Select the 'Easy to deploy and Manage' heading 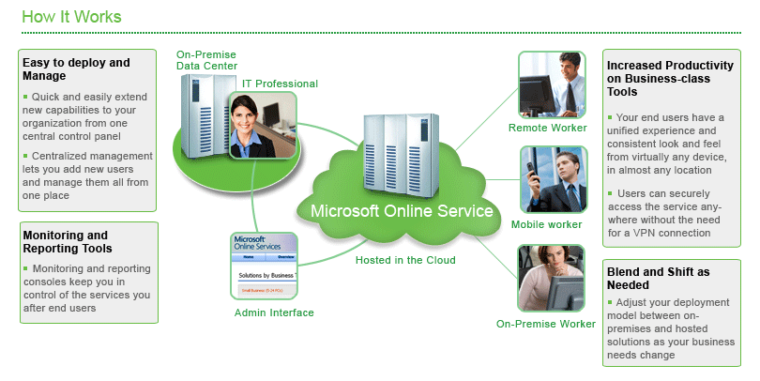[75, 69]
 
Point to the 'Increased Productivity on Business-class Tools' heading [670, 79]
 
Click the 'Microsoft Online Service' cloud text [403, 211]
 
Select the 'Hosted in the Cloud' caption [405, 260]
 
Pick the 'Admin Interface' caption [274, 312]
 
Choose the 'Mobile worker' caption [549, 224]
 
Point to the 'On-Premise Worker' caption [546, 324]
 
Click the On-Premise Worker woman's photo [552, 279]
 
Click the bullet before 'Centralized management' [26, 155]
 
